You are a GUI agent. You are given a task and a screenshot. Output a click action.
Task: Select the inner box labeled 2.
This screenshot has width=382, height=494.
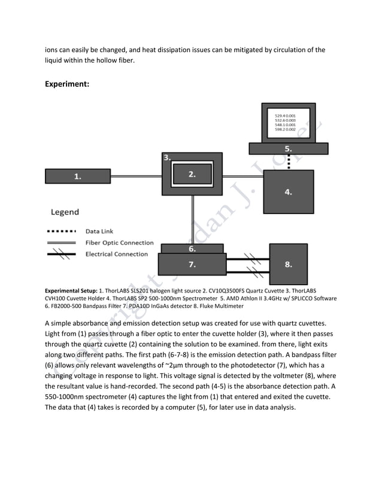(x=192, y=175)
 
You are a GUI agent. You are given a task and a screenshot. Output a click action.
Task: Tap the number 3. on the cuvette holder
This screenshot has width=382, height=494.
(x=167, y=157)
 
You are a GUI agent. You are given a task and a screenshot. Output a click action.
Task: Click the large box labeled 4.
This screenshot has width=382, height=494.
(x=289, y=192)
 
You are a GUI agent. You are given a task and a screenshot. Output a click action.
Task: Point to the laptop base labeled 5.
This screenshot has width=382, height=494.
(x=288, y=148)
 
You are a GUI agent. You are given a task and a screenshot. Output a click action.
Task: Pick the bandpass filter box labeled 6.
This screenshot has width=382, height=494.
(x=192, y=248)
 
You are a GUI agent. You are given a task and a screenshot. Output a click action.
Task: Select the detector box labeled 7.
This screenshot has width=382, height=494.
(x=192, y=263)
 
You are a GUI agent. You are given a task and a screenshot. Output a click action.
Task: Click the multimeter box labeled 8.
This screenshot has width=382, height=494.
(x=288, y=264)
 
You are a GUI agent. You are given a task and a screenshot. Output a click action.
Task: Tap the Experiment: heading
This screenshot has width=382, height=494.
(x=67, y=84)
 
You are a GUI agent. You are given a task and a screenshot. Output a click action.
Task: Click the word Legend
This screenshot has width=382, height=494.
(x=65, y=212)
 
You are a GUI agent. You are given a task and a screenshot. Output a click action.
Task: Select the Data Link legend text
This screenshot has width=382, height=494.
(x=99, y=231)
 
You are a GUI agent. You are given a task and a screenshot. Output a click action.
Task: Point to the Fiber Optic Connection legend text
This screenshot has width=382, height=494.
(x=119, y=243)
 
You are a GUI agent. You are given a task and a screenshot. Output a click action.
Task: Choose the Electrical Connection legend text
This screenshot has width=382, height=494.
(x=116, y=254)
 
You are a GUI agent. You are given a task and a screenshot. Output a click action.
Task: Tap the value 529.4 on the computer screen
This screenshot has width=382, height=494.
(x=280, y=115)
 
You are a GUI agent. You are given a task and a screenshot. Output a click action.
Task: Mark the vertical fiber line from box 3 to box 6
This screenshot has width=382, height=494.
(x=192, y=219)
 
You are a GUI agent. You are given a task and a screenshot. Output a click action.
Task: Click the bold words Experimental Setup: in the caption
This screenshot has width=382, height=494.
(x=71, y=290)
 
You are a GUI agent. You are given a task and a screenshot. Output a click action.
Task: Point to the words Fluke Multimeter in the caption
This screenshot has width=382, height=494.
(x=220, y=306)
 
